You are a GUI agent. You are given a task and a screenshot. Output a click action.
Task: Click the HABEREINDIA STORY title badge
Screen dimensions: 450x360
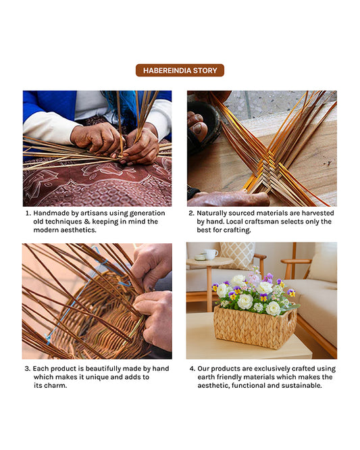180,70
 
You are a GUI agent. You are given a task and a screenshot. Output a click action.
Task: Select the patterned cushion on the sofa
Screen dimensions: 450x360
237,255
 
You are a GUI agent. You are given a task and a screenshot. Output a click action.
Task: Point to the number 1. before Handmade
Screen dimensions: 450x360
28,213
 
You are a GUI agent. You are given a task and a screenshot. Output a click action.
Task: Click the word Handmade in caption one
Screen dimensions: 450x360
52,213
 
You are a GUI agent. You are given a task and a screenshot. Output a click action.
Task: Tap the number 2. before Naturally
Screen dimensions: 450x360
191,213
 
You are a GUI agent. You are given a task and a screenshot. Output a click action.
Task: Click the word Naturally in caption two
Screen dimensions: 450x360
215,213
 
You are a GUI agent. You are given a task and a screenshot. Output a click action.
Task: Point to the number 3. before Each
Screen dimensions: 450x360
28,368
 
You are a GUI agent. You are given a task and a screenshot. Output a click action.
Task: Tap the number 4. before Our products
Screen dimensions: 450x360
192,368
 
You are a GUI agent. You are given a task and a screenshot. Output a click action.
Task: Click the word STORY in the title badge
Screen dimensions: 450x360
204,70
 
